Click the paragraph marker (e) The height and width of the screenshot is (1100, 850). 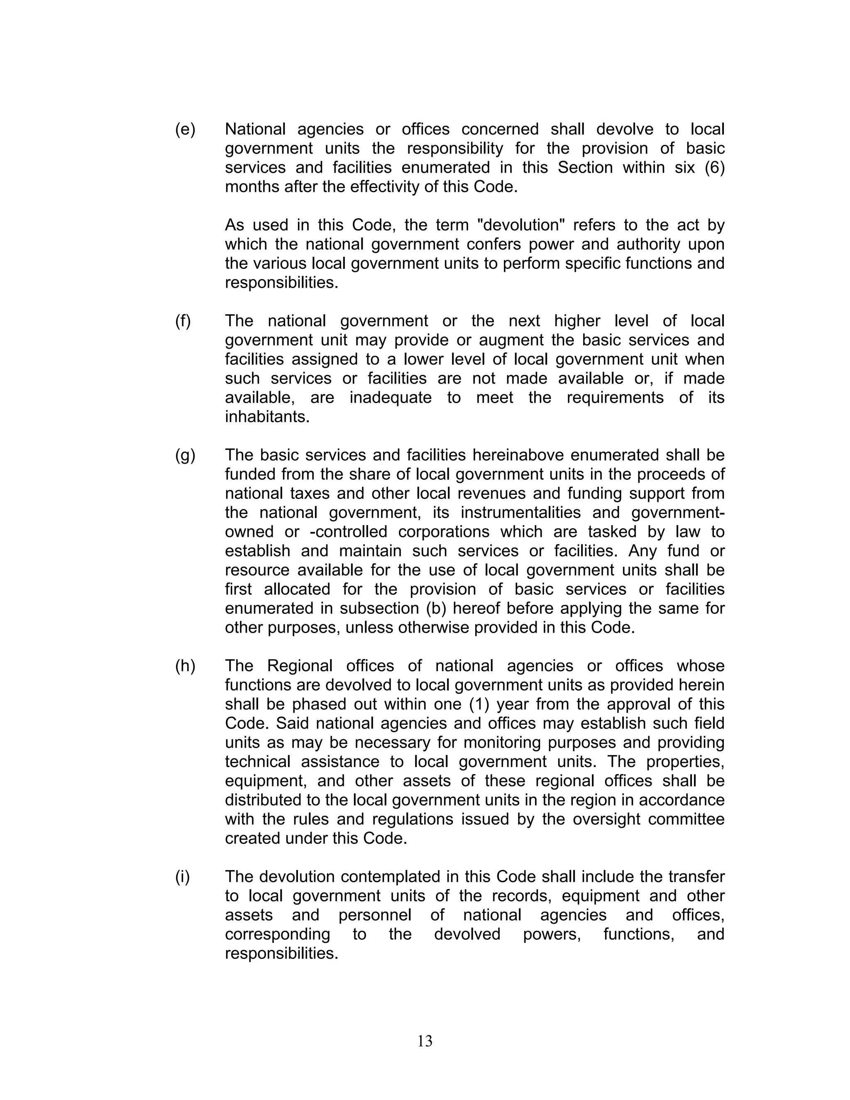pyautogui.click(x=185, y=130)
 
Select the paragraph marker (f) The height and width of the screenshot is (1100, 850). pyautogui.click(x=183, y=321)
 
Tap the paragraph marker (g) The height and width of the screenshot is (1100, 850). pyautogui.click(x=185, y=455)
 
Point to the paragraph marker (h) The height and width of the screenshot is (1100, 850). pyautogui.click(x=185, y=666)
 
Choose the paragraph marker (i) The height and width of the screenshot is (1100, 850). pyautogui.click(x=182, y=877)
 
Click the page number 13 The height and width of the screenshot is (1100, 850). pyautogui.click(x=425, y=1041)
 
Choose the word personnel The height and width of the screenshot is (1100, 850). pyautogui.click(x=374, y=915)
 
